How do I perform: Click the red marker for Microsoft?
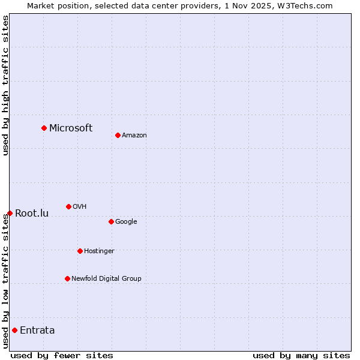(44, 128)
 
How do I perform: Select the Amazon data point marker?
(118, 135)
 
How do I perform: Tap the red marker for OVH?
(68, 206)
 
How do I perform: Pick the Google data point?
(111, 221)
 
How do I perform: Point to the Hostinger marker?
(80, 251)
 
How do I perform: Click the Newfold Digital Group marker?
(67, 278)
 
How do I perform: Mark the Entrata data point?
(14, 330)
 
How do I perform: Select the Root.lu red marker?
(10, 213)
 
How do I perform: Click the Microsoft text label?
(71, 128)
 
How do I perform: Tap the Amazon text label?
(134, 135)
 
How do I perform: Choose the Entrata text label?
(37, 330)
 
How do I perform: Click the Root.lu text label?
(32, 213)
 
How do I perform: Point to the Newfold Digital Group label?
(106, 278)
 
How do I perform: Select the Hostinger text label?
(99, 251)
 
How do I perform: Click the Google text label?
(126, 221)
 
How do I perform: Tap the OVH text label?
(79, 206)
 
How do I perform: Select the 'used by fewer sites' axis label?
(62, 355)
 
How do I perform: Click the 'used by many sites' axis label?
(301, 355)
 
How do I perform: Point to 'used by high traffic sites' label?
(5, 85)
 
